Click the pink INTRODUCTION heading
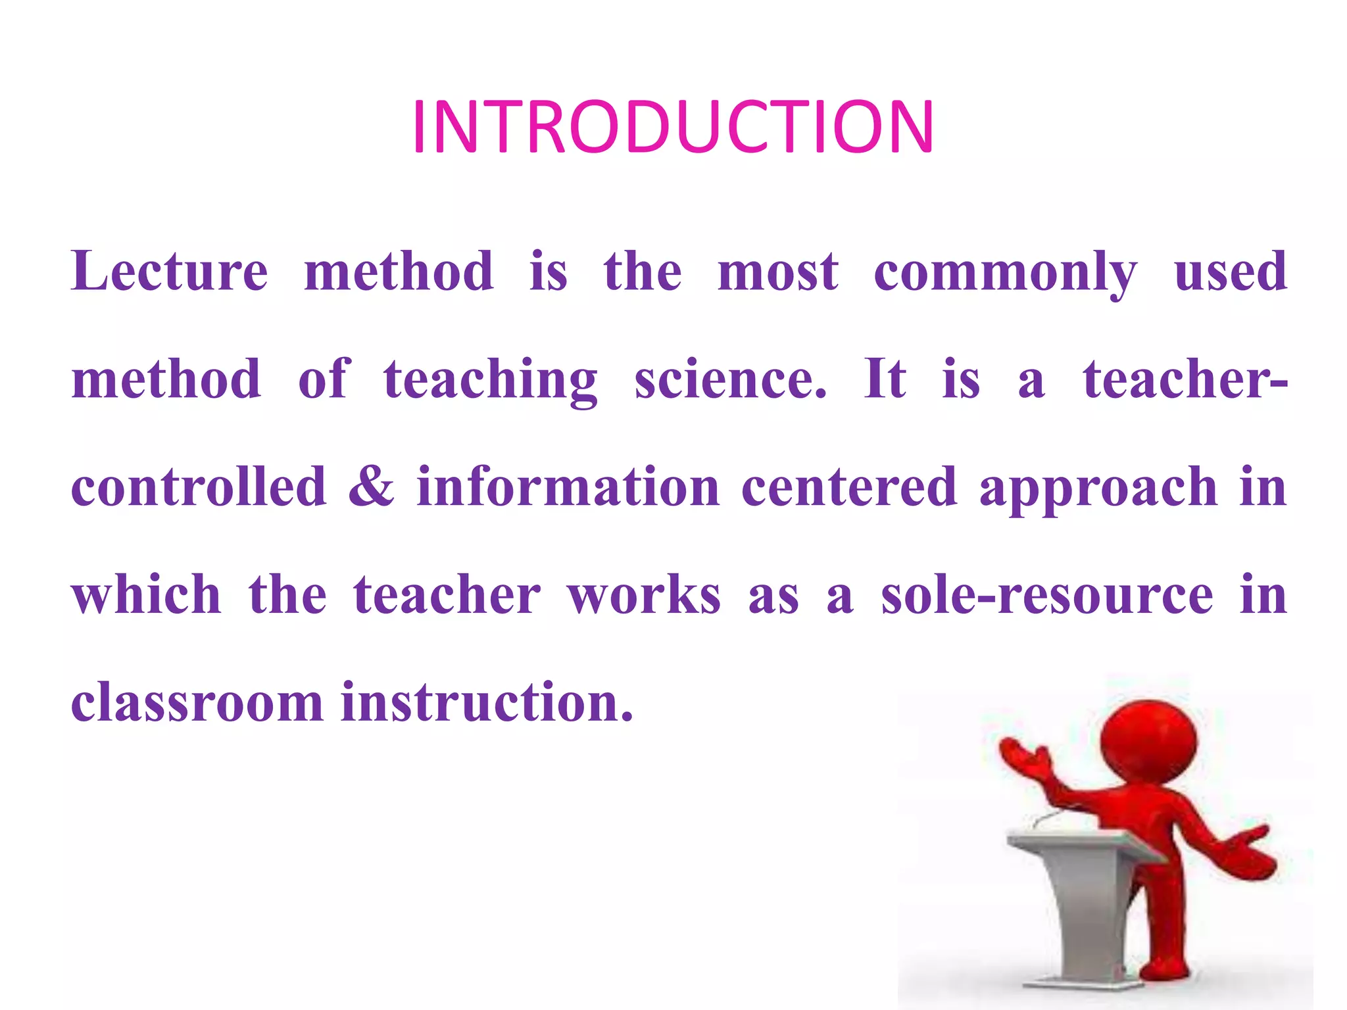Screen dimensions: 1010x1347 (672, 127)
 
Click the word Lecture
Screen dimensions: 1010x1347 (170, 271)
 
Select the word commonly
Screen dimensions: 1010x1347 (1005, 272)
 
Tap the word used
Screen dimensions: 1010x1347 (1230, 271)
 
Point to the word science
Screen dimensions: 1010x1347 (730, 379)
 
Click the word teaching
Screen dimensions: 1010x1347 (491, 381)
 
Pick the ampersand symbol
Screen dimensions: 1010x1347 (372, 487)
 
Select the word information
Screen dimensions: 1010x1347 (568, 487)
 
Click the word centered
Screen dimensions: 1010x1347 (849, 487)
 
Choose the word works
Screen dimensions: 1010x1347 (645, 595)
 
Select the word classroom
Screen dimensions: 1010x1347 (197, 702)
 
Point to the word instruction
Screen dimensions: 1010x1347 (487, 702)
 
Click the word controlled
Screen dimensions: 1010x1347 (199, 487)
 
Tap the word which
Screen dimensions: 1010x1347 (146, 595)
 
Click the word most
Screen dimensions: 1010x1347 (778, 271)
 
